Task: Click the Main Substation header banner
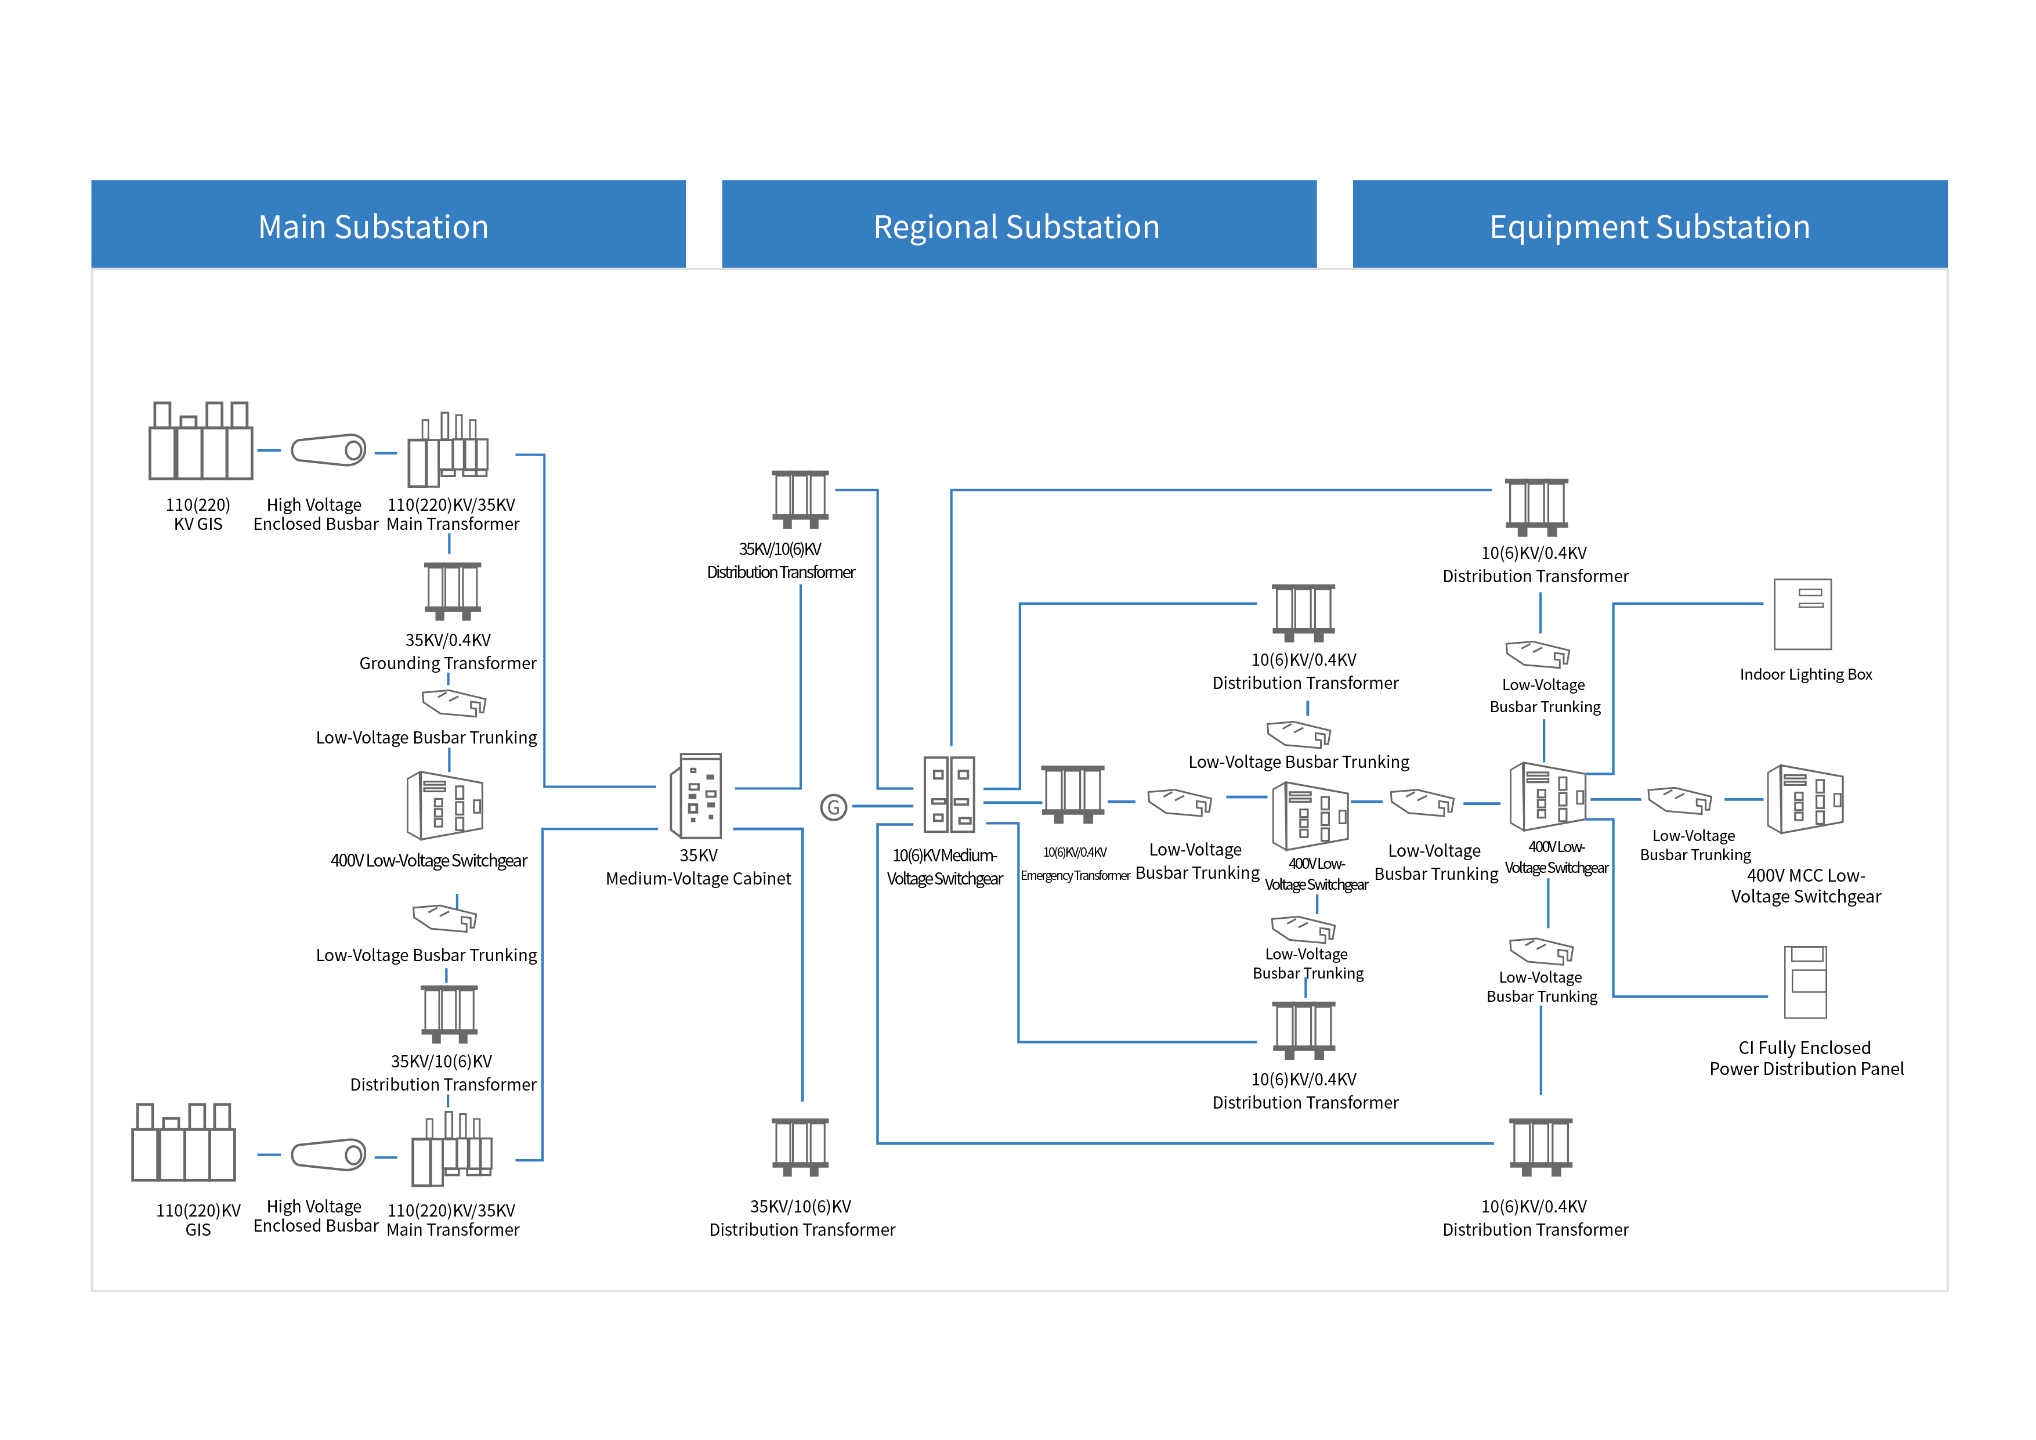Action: tap(388, 225)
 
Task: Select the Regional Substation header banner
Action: tap(1019, 225)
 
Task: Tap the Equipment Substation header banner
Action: tap(1650, 225)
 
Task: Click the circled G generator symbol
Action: tap(834, 807)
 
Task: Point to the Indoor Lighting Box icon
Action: tap(1803, 615)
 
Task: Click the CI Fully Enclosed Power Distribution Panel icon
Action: tap(1806, 982)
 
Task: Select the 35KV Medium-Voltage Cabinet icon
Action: tap(696, 796)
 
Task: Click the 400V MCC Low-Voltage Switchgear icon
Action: tap(1806, 799)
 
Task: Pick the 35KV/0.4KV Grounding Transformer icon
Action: tap(452, 591)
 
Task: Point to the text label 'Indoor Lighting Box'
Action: tap(1806, 674)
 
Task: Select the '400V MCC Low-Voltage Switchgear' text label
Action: tap(1806, 886)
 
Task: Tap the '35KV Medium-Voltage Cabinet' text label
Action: tap(698, 867)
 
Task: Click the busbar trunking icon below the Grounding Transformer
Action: tap(454, 703)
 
